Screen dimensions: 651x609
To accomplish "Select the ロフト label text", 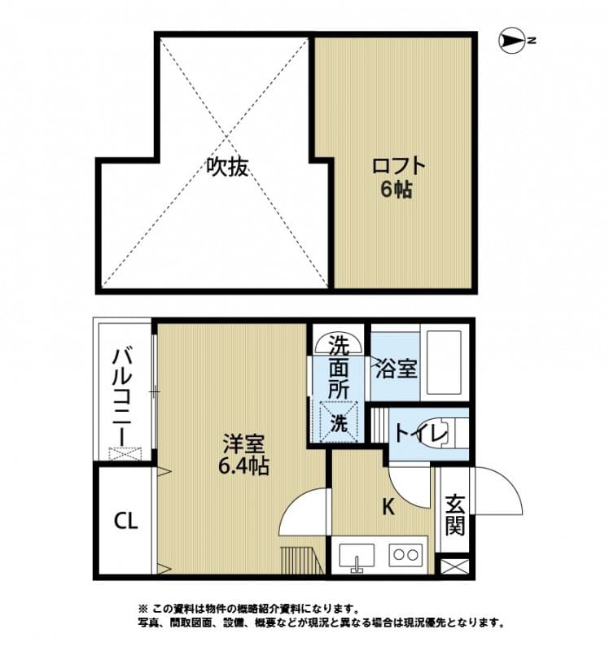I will coord(398,166).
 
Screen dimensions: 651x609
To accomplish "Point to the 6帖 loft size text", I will coord(398,191).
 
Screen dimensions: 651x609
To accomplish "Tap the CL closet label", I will coord(125,520).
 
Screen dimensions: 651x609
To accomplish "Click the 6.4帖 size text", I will coord(244,468).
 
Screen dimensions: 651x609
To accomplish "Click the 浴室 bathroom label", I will coord(396,369).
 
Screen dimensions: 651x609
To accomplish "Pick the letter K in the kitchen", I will coord(389,507).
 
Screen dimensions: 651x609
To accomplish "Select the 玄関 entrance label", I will coord(455,515).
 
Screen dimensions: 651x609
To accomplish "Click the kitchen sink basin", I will coord(354,557).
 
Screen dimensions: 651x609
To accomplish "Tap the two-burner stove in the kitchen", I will coord(404,557).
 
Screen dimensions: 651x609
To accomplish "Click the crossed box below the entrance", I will coord(455,566).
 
